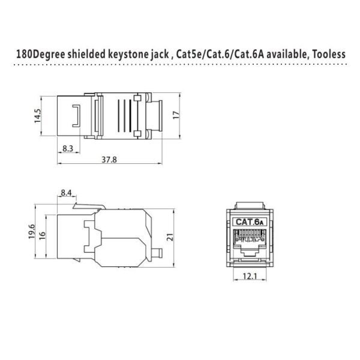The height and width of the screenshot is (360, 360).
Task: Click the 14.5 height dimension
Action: click(37, 115)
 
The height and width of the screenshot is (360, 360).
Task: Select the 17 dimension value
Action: click(176, 115)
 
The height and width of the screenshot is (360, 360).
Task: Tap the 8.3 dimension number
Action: click(67, 148)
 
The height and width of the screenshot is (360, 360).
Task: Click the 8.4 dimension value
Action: click(66, 193)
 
